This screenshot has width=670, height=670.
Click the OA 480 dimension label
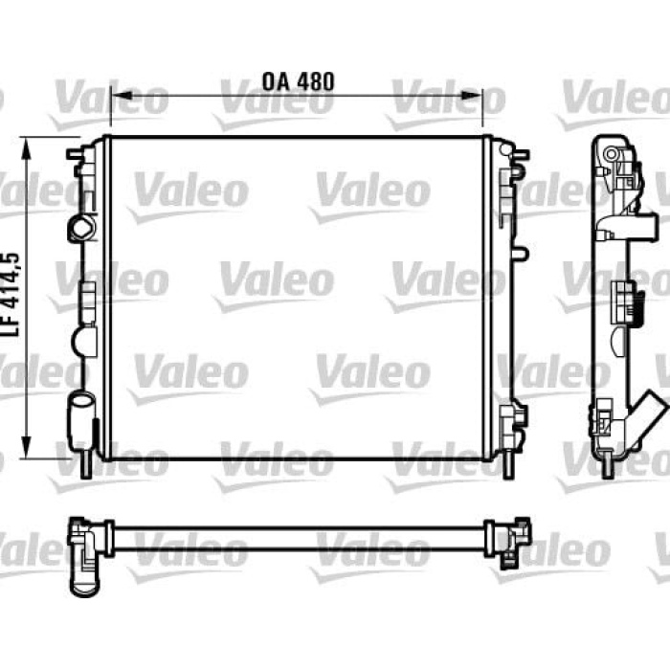[298, 81]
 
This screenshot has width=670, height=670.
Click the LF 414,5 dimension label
[12, 295]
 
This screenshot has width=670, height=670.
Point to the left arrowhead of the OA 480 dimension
[123, 96]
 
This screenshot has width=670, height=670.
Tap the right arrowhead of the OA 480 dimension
[471, 96]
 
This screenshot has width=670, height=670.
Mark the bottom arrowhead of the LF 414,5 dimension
[27, 447]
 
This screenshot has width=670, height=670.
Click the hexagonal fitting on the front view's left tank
[81, 228]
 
